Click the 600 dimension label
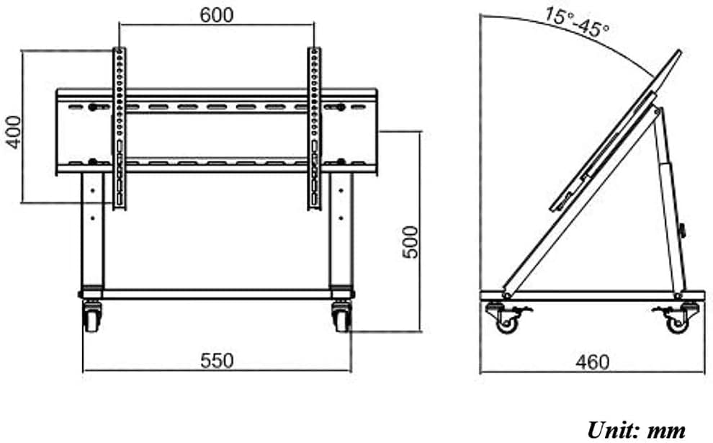tap(217, 15)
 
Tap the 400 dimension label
tap(14, 133)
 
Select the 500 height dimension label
tap(411, 242)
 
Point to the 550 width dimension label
tap(217, 361)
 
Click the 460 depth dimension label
tap(592, 362)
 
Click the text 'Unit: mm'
tap(636, 430)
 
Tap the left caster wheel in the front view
tap(92, 316)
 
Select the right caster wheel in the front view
tap(342, 316)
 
